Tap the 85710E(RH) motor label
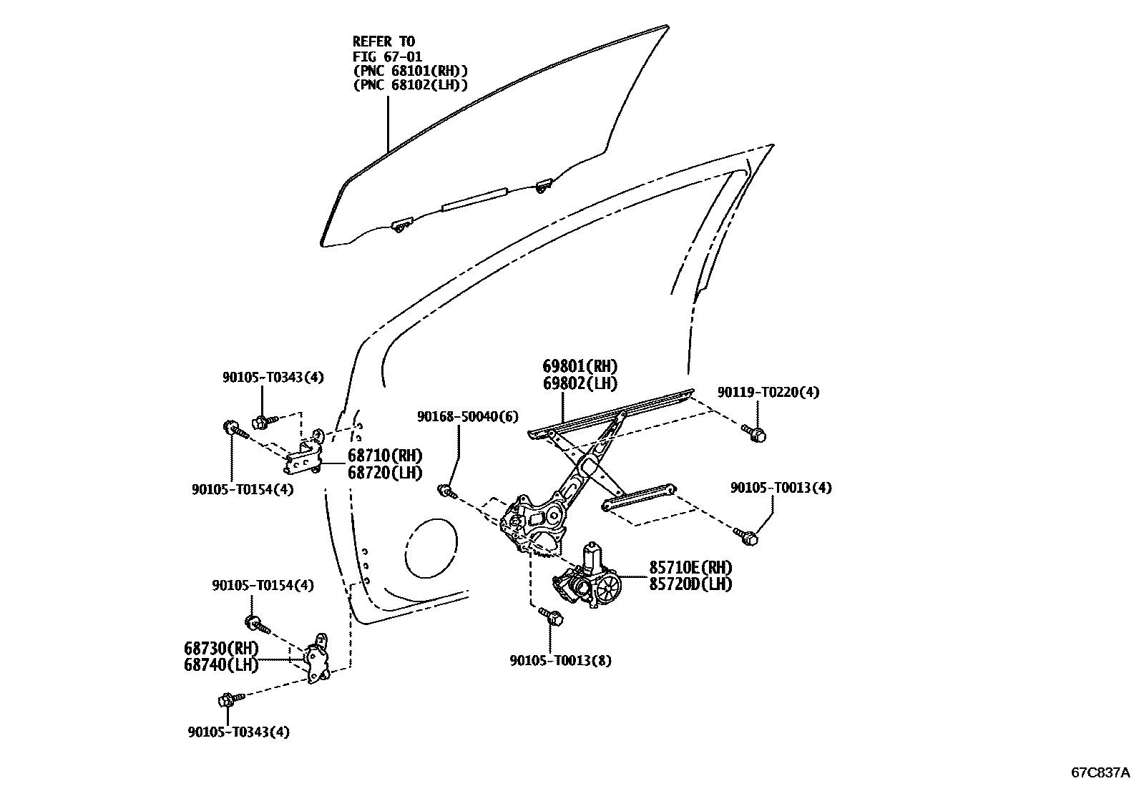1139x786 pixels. coord(690,568)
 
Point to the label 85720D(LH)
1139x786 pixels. coord(690,584)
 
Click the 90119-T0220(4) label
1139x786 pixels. coord(768,392)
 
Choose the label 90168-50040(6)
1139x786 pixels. coord(468,416)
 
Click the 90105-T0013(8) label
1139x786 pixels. coord(560,661)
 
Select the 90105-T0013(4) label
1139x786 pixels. coord(781,488)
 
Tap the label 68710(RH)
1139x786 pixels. coord(385,456)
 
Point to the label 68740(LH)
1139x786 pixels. coord(220,664)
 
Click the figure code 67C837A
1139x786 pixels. coord(1100,772)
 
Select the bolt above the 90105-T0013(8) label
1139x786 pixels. coord(552,616)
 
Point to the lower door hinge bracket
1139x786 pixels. coord(317,659)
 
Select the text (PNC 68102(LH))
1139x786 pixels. coord(411,85)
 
